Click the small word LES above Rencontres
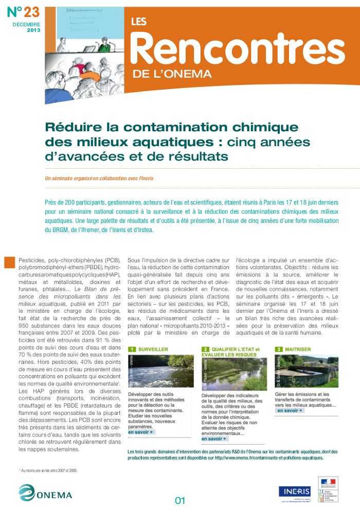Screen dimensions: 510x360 click(139, 22)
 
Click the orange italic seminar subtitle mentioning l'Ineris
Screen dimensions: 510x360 click(99, 178)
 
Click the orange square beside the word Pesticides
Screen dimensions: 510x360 click(9, 262)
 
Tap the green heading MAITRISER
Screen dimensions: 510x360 click(298, 349)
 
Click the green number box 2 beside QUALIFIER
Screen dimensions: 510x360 click(205, 349)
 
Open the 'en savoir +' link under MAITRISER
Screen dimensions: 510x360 click(290, 411)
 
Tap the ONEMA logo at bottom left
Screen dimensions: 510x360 click(45, 493)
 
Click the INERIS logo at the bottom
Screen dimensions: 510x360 click(294, 491)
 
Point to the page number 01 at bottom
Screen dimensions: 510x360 click(180, 500)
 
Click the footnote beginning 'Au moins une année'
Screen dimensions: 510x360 click(48, 470)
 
